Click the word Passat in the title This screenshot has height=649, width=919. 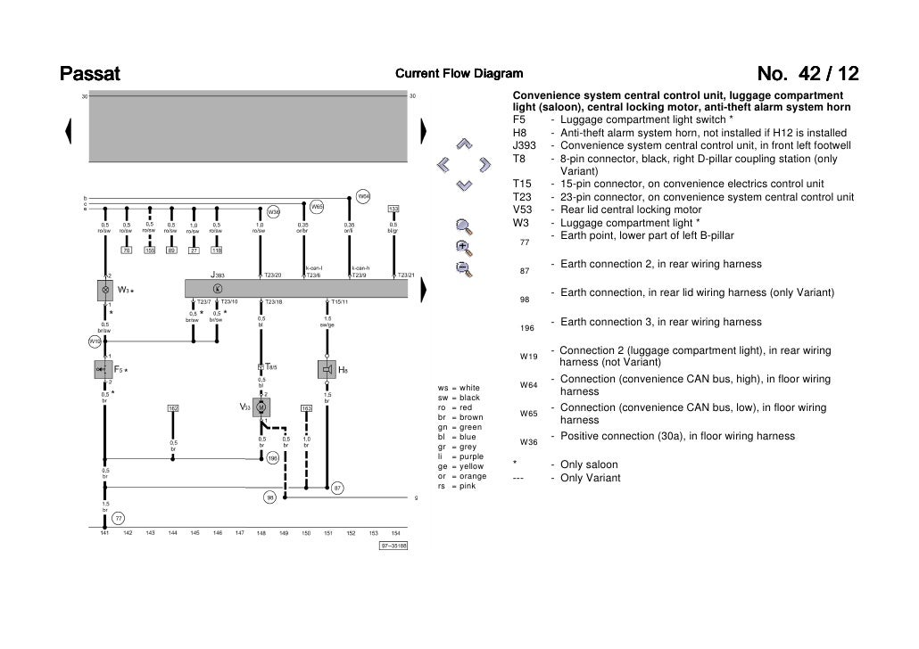click(x=89, y=73)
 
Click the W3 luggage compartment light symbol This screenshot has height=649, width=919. click(x=105, y=290)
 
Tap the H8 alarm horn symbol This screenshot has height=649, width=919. click(x=327, y=369)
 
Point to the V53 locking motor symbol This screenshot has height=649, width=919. click(x=261, y=407)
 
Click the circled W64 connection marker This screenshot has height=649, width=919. click(x=363, y=197)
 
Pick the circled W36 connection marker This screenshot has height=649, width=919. click(x=274, y=211)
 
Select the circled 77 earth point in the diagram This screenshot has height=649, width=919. click(x=118, y=519)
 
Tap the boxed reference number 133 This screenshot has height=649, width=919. click(x=393, y=209)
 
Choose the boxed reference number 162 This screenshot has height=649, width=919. click(x=173, y=408)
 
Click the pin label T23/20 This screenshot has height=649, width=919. click(x=272, y=275)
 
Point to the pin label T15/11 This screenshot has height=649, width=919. click(x=339, y=302)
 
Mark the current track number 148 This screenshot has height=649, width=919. click(x=261, y=533)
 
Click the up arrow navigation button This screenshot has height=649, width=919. click(x=463, y=143)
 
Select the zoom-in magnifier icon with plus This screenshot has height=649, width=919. click(x=462, y=246)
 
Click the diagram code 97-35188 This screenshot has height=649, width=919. click(x=393, y=546)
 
